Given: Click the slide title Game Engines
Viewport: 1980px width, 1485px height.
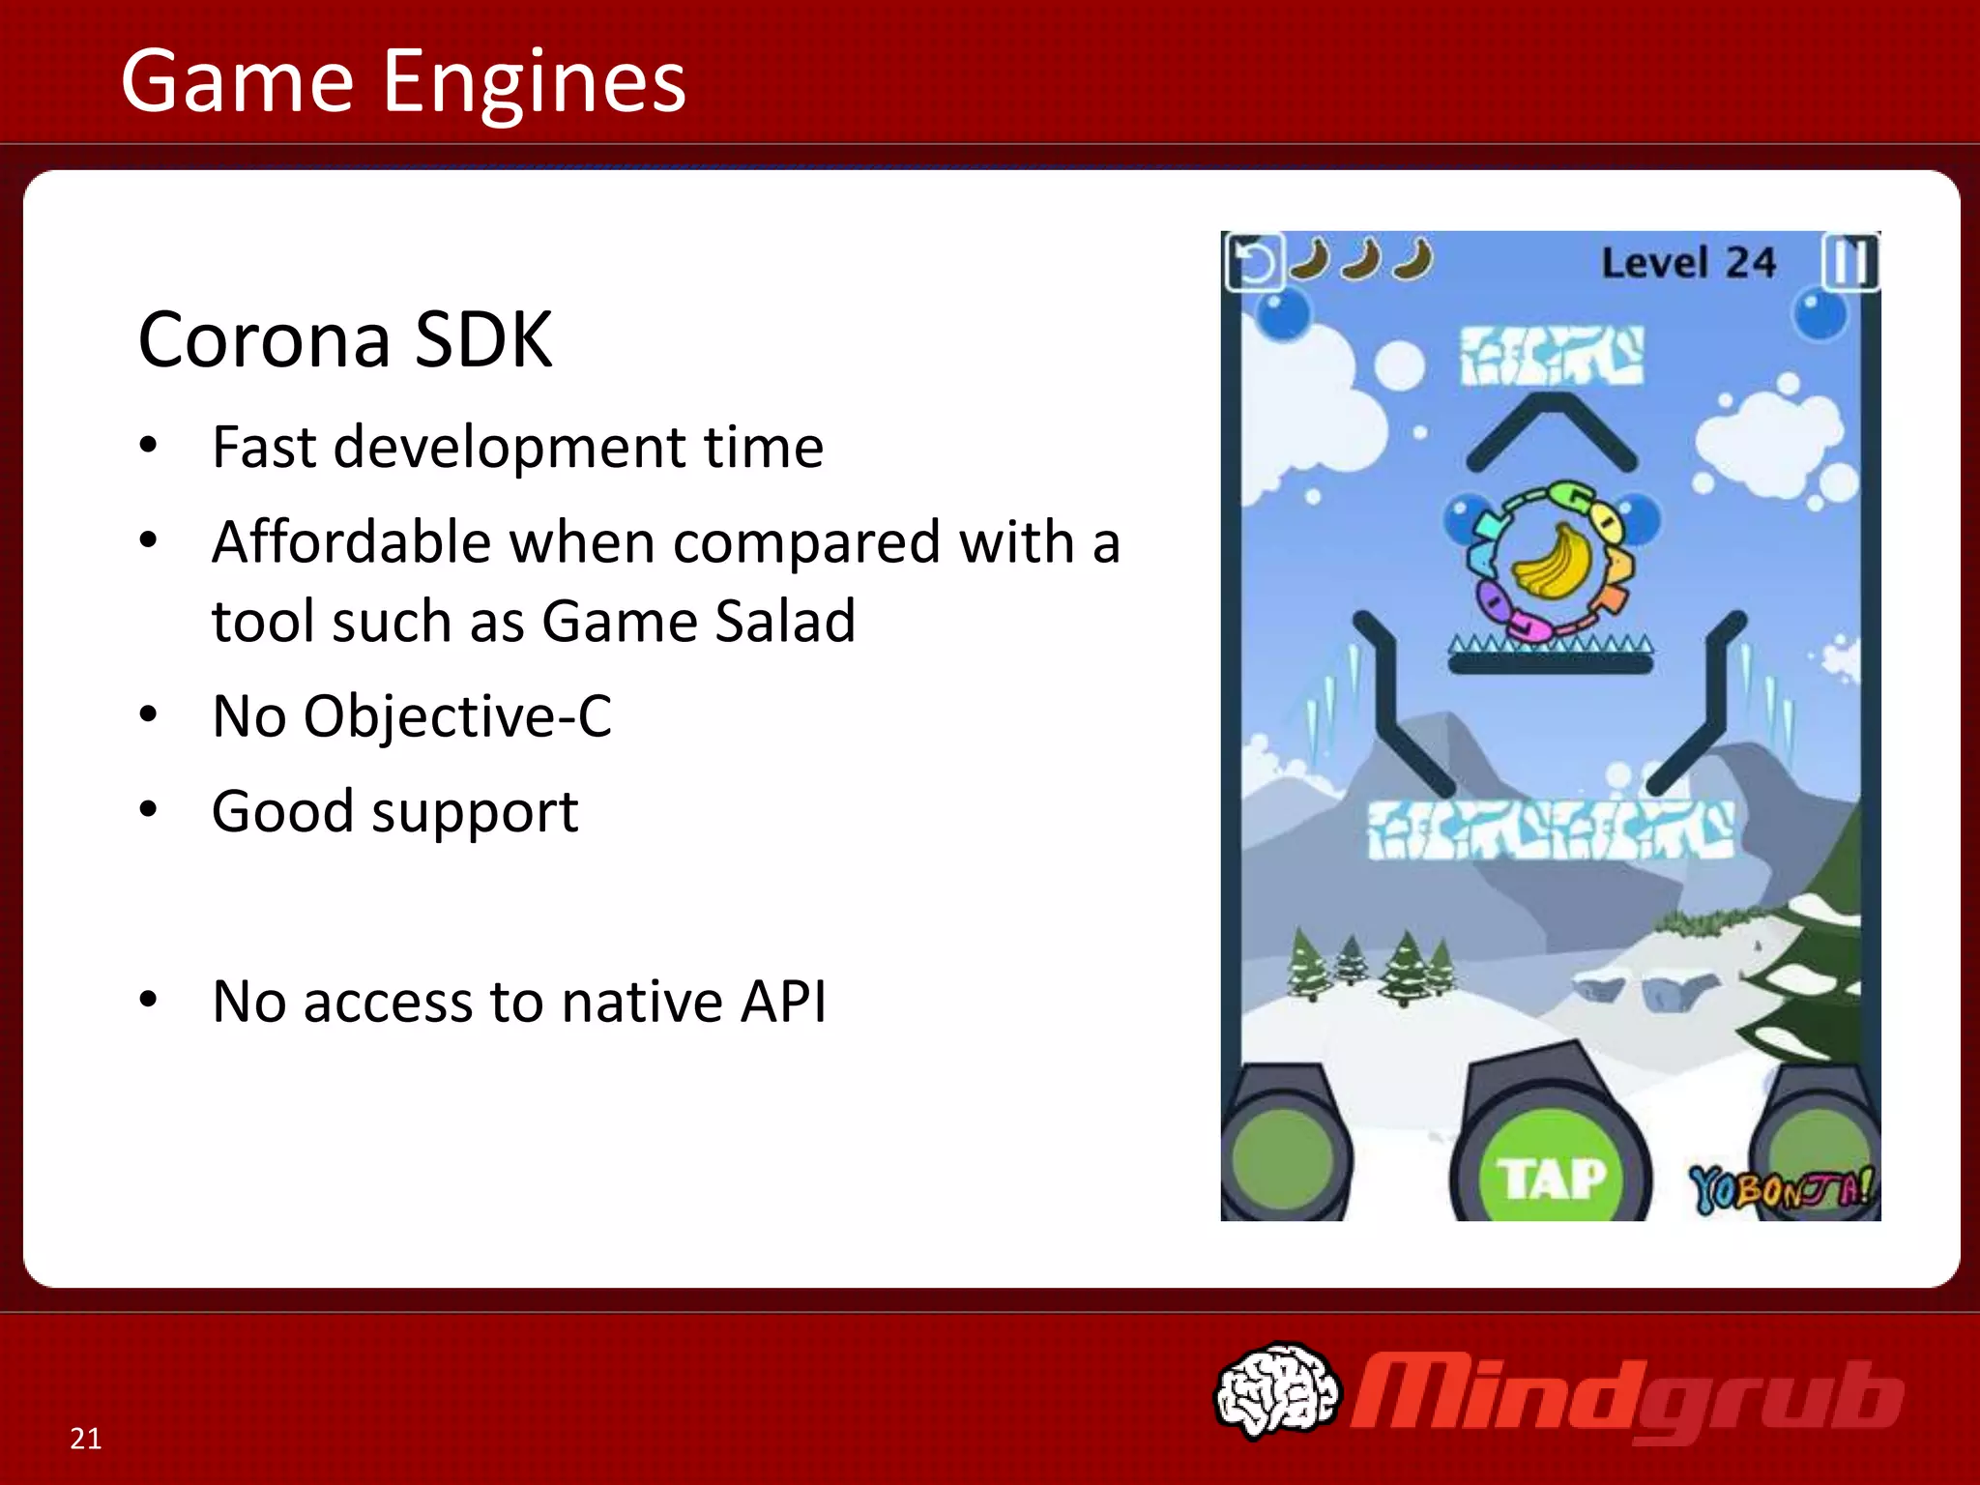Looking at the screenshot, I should [402, 81].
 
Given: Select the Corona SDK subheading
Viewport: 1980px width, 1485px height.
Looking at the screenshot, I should [345, 339].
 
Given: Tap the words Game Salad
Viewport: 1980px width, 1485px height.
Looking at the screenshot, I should [698, 621].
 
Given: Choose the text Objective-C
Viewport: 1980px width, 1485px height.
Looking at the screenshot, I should [457, 716].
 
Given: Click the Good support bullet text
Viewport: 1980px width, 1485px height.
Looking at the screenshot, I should [394, 811].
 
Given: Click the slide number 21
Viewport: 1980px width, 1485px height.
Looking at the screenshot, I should [86, 1439].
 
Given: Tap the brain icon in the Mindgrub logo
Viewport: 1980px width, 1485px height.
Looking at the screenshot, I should [1276, 1388].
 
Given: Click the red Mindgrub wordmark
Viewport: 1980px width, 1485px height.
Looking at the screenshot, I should [1627, 1396].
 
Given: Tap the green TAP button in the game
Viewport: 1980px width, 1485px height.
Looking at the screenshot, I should [1551, 1178].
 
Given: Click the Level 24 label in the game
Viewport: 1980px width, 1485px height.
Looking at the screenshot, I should [1688, 263].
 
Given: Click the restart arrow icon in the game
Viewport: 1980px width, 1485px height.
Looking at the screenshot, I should [1254, 262].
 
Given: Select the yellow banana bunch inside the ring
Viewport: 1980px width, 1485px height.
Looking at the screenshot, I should [1551, 562].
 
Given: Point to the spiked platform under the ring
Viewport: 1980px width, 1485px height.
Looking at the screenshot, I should [1551, 655].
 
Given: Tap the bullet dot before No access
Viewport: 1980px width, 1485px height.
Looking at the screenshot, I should [148, 1001].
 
